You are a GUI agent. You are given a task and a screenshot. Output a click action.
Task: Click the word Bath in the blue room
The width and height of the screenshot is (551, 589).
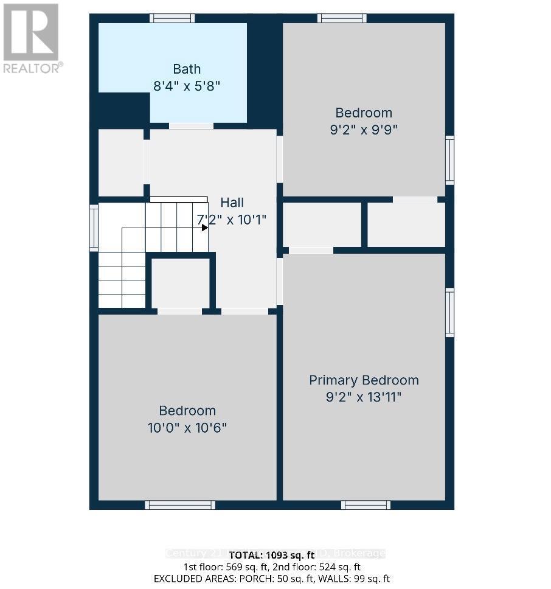pyautogui.click(x=186, y=69)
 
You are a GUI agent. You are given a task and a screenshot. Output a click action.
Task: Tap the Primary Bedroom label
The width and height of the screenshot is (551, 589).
pyautogui.click(x=364, y=380)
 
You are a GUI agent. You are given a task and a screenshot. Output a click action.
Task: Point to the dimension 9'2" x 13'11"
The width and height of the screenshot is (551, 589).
pyautogui.click(x=364, y=397)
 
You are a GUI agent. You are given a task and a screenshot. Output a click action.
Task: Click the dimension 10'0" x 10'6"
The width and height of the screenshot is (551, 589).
pyautogui.click(x=187, y=428)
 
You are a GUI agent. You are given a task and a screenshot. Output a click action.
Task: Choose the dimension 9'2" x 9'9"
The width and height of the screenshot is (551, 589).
pyautogui.click(x=364, y=130)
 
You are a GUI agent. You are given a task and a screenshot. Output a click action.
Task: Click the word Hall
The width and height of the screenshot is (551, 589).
pyautogui.click(x=233, y=203)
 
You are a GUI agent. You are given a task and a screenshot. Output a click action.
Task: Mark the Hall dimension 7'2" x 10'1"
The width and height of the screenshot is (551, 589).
pyautogui.click(x=232, y=220)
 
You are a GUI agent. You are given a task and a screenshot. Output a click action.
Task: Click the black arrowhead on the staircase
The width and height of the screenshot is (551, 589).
pyautogui.click(x=205, y=228)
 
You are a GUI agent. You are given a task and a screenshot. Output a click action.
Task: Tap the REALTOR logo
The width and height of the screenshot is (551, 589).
pyautogui.click(x=32, y=38)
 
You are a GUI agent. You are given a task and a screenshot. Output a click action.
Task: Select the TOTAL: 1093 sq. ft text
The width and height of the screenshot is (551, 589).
pyautogui.click(x=274, y=554)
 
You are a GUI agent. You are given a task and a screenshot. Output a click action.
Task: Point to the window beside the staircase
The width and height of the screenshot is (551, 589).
pyautogui.click(x=94, y=228)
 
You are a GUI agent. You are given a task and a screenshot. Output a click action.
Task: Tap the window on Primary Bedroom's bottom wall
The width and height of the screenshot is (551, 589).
pyautogui.click(x=366, y=505)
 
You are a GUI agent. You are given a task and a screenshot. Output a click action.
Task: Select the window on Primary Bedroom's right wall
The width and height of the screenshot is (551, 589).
pyautogui.click(x=449, y=313)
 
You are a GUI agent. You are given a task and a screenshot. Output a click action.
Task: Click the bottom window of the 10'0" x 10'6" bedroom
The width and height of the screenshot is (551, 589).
pyautogui.click(x=180, y=505)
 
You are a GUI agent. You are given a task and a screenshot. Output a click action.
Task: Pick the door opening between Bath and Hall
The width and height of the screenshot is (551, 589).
pyautogui.click(x=191, y=126)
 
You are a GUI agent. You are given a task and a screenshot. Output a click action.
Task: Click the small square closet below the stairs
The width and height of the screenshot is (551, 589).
pyautogui.click(x=180, y=283)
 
